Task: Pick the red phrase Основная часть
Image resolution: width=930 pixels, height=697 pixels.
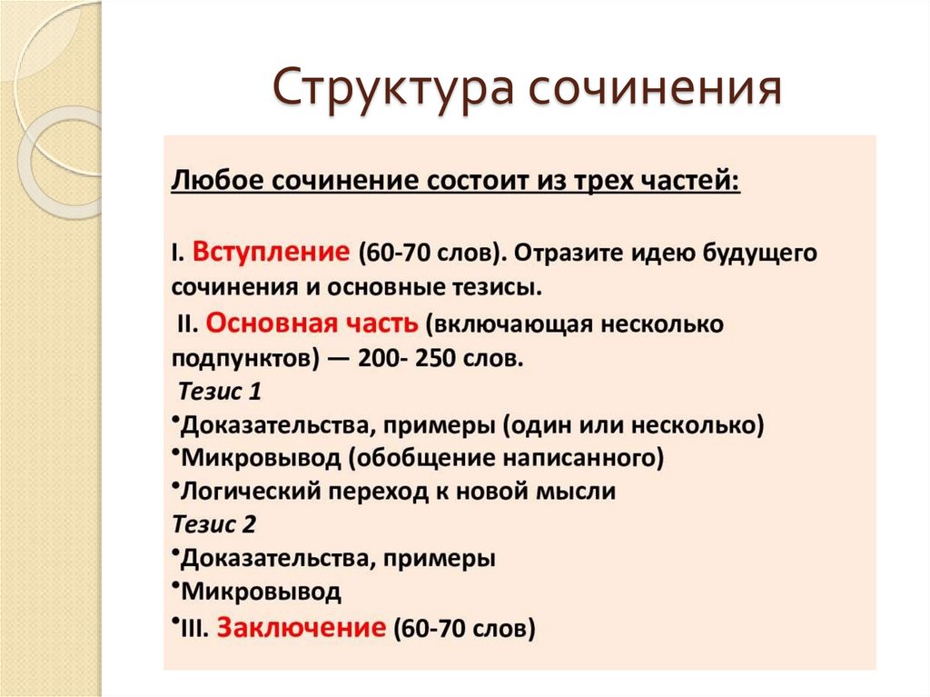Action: pos(312,323)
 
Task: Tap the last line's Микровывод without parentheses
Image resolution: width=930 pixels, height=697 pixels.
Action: pos(261,592)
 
